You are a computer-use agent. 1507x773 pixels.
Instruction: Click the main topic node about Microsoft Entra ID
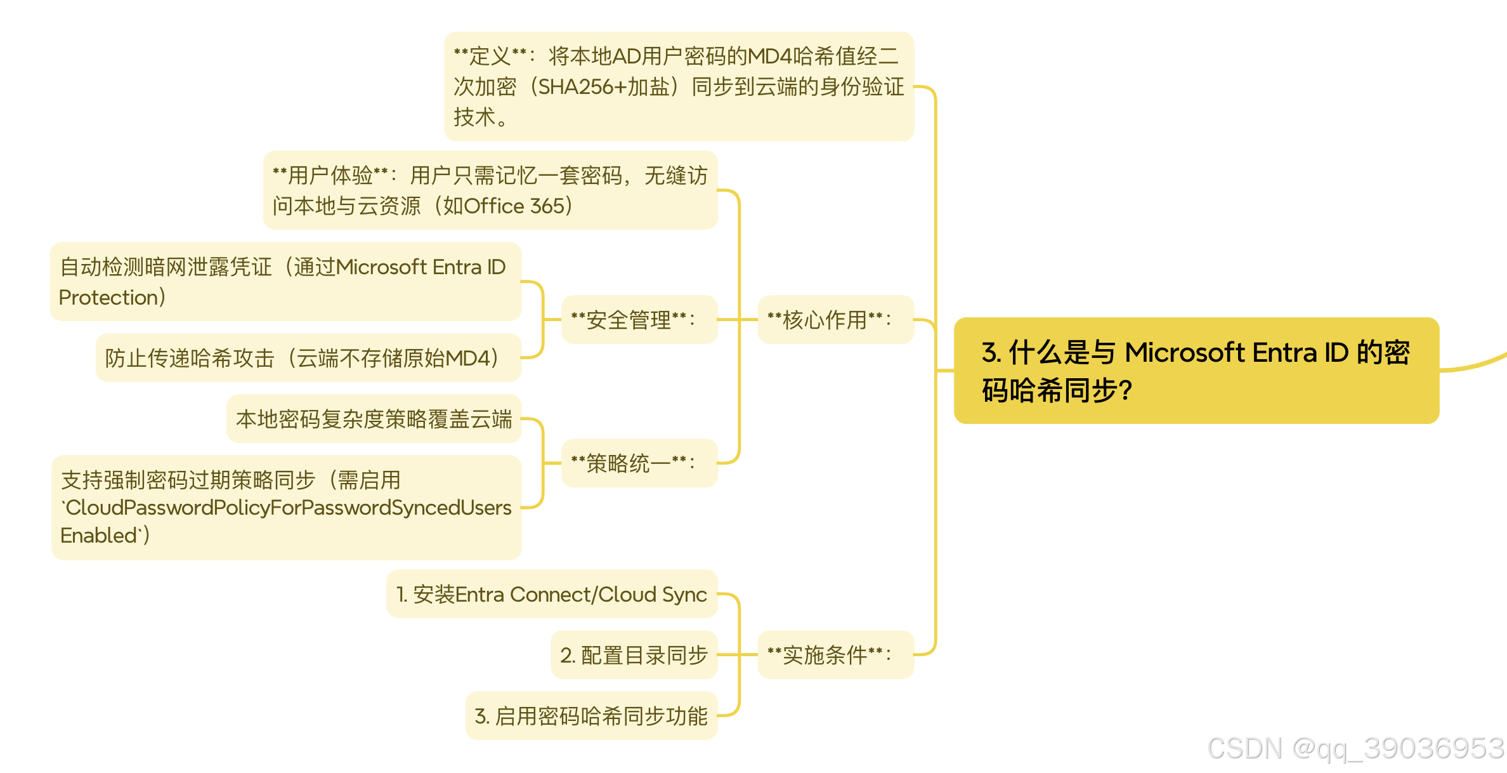[x=1196, y=371]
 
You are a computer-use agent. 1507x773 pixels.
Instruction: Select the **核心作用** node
[x=835, y=320]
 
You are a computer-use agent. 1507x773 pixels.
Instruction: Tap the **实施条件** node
[x=835, y=655]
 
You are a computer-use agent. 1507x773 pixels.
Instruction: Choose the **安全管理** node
[x=639, y=320]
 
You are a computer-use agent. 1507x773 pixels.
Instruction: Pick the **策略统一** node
[x=639, y=463]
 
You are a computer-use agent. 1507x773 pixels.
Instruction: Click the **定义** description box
[x=679, y=87]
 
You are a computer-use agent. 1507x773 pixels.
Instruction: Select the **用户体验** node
[x=490, y=190]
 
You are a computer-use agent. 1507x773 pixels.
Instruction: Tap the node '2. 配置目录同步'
[x=634, y=655]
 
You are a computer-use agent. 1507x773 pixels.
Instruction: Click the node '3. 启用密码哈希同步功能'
[x=591, y=716]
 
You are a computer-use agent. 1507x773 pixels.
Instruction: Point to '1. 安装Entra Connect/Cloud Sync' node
[x=551, y=594]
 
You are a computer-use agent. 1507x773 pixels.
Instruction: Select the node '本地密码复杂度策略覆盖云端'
[x=374, y=419]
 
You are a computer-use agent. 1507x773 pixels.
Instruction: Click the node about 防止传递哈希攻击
[x=308, y=358]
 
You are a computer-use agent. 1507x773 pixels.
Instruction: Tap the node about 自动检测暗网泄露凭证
[x=285, y=282]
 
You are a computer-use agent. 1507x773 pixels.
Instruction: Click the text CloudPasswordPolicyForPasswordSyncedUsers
[x=289, y=508]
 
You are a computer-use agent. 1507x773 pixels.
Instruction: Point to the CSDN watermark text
[x=1355, y=749]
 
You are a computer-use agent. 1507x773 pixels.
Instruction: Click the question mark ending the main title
[x=1126, y=390]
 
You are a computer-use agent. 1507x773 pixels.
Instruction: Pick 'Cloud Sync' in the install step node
[x=652, y=594]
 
